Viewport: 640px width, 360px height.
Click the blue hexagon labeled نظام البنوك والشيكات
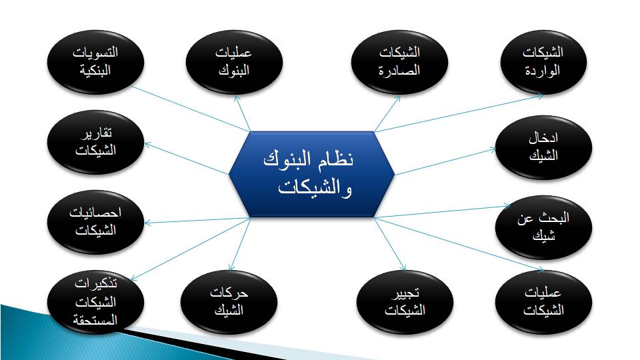pyautogui.click(x=311, y=174)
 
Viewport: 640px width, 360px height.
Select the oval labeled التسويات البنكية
pyautogui.click(x=95, y=62)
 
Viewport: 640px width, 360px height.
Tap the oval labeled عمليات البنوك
pyautogui.click(x=234, y=62)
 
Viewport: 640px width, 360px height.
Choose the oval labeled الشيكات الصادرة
pyautogui.click(x=399, y=62)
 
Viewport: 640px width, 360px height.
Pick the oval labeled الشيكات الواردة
pyautogui.click(x=543, y=62)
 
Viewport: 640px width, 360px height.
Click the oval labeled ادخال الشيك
pyautogui.click(x=543, y=147)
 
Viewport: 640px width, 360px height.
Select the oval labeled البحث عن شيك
pyautogui.click(x=543, y=227)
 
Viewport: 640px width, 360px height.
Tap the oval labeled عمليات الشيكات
pyautogui.click(x=543, y=302)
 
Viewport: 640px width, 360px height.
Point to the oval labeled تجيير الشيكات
pyautogui.click(x=405, y=302)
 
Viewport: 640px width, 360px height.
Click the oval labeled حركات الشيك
pyautogui.click(x=229, y=302)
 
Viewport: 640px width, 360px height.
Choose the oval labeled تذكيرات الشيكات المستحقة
pyautogui.click(x=95, y=302)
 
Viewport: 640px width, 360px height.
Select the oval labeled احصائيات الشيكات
pyautogui.click(x=95, y=222)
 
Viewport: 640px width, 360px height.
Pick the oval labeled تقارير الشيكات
pyautogui.click(x=95, y=142)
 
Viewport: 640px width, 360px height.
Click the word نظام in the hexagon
pyautogui.click(x=337, y=159)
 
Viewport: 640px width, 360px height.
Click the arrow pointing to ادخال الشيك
pyautogui.click(x=445, y=162)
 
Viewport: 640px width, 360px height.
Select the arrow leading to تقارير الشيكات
pyautogui.click(x=187, y=159)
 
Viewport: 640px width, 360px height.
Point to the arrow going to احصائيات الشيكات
pyautogui.click(x=197, y=221)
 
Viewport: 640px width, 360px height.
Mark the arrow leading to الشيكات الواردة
pyautogui.click(x=459, y=113)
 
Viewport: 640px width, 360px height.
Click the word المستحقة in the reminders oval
pyautogui.click(x=95, y=320)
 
